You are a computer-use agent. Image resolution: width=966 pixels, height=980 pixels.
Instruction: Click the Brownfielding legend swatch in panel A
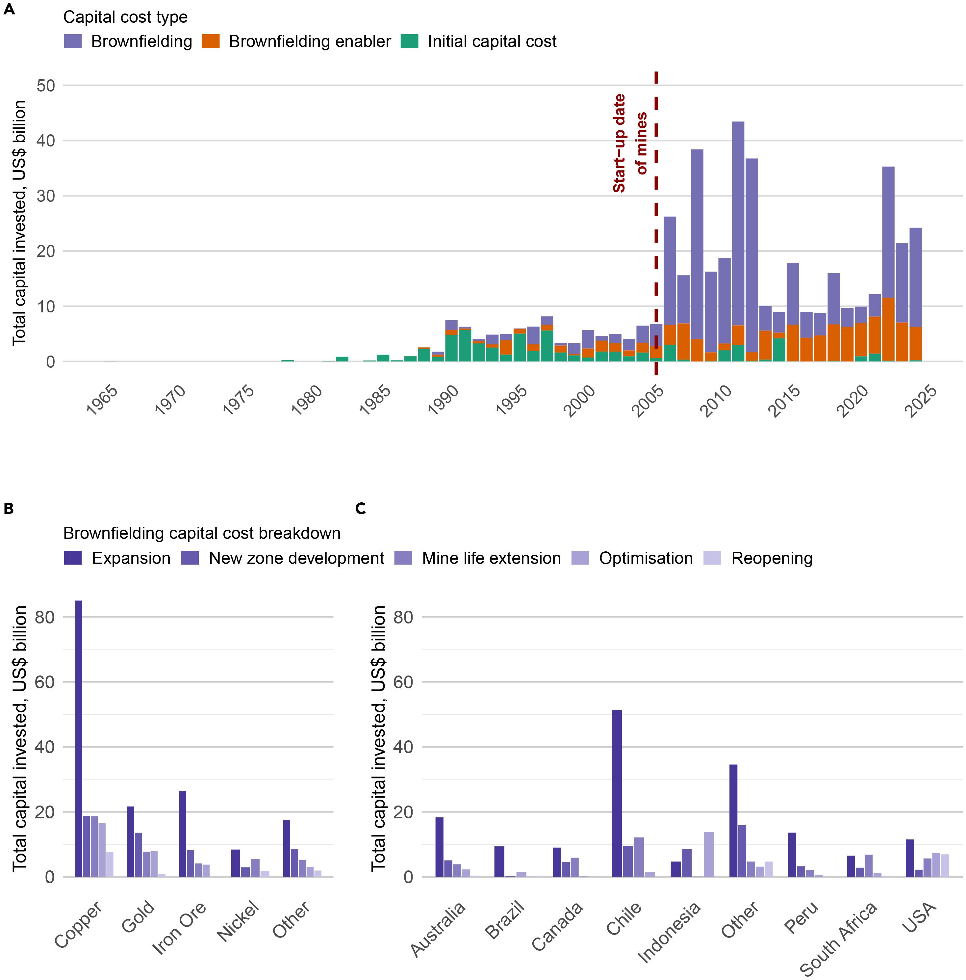[x=72, y=41]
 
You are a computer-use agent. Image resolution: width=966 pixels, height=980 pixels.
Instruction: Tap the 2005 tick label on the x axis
[x=647, y=400]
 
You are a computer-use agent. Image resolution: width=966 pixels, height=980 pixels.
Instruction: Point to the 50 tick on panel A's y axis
[x=46, y=85]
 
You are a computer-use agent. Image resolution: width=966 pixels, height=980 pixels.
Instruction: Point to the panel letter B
[x=9, y=508]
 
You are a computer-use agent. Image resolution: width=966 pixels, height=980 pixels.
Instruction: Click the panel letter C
[x=361, y=508]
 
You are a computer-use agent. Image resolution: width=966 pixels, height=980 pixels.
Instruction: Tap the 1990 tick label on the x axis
[x=443, y=400]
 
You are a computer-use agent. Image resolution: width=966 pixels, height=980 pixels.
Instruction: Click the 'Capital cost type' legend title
[x=125, y=17]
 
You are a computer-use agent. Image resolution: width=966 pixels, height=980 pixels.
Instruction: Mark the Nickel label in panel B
[x=238, y=921]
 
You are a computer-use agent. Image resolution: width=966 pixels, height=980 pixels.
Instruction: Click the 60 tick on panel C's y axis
[x=403, y=682]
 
